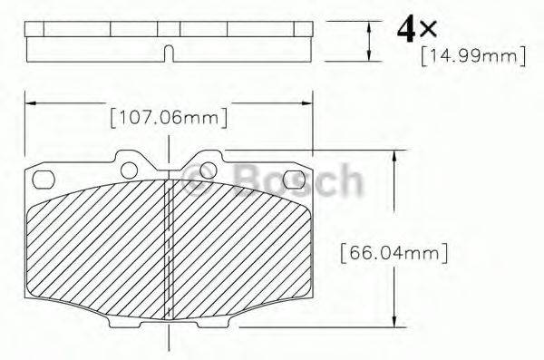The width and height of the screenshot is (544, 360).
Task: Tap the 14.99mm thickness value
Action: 472,57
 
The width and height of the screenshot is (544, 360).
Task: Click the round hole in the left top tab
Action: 130,170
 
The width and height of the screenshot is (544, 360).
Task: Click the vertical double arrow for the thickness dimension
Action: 369,40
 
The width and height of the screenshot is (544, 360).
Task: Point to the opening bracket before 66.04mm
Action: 343,253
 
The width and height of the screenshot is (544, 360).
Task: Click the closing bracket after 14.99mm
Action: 522,57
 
